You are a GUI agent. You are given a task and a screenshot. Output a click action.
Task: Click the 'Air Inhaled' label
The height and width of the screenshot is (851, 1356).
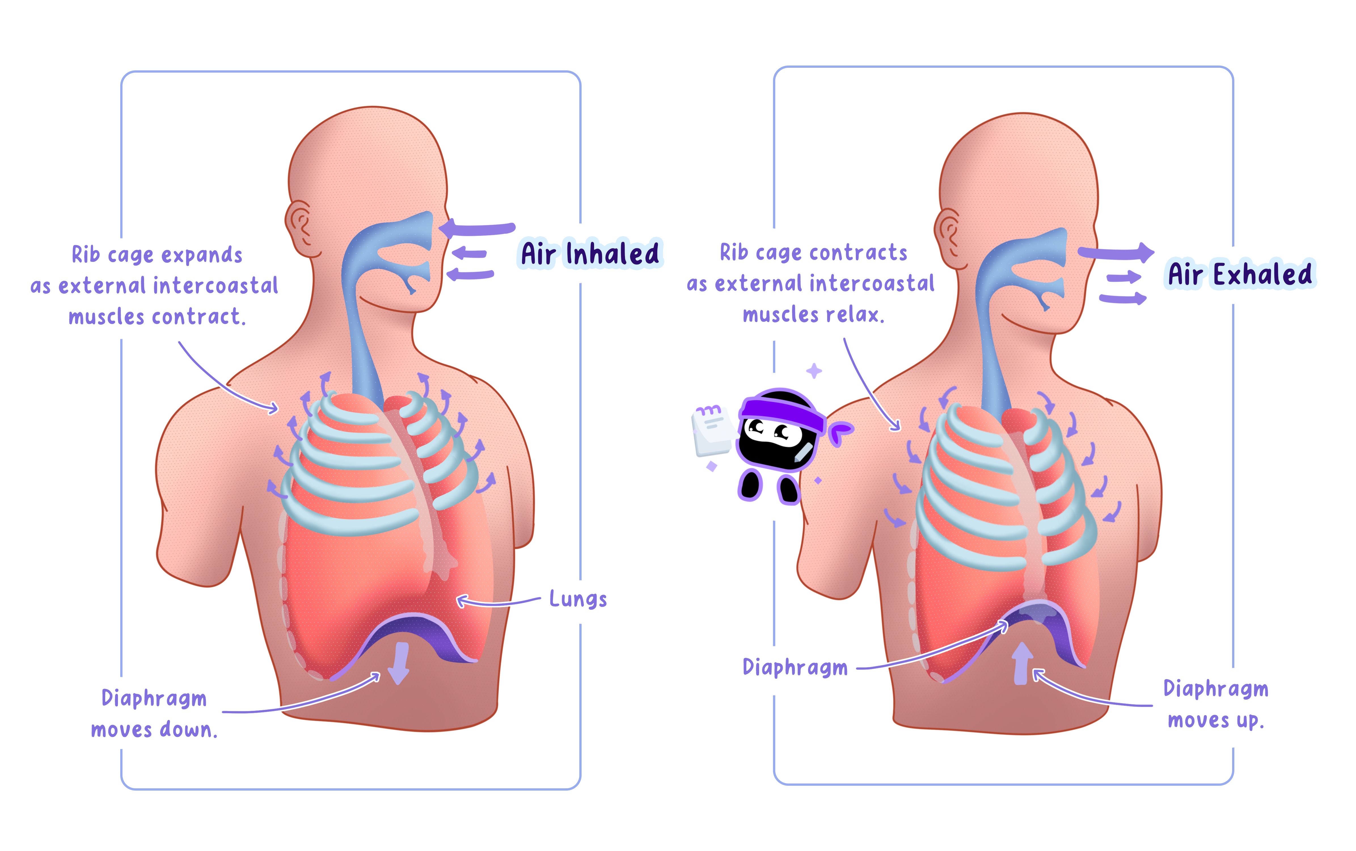click(x=590, y=253)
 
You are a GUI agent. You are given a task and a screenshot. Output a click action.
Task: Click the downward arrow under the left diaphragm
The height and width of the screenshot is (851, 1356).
click(x=399, y=663)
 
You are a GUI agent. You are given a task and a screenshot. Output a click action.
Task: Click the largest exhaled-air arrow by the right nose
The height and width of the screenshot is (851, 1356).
click(x=1117, y=253)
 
